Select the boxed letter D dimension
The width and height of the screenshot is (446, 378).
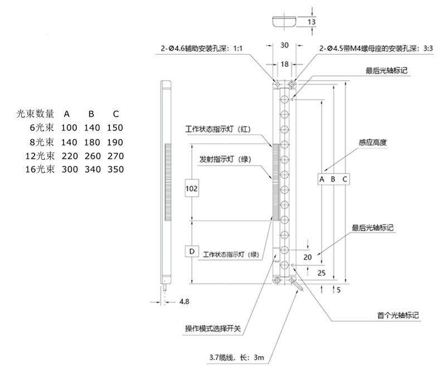192,252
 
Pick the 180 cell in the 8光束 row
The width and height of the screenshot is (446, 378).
92,142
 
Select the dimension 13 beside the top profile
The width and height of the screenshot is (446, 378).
312,21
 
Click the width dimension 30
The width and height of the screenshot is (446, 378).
284,45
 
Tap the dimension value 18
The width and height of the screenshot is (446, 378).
284,65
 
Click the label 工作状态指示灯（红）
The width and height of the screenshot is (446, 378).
219,130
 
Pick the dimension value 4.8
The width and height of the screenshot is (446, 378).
185,302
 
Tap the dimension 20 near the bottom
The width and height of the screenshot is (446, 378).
308,257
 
